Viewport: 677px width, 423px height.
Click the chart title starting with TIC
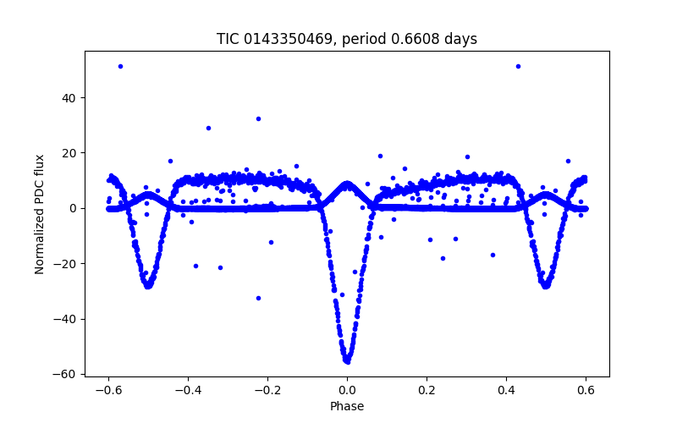[x=347, y=39]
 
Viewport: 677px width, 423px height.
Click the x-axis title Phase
[x=347, y=406]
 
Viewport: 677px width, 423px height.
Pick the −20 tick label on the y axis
[x=68, y=264]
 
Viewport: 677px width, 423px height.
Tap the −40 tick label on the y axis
[x=68, y=319]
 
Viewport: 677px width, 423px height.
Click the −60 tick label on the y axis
[x=68, y=374]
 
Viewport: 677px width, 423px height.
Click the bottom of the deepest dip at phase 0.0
[x=347, y=360]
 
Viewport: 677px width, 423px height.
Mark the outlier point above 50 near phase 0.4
[x=518, y=66]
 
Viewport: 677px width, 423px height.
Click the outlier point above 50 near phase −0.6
[x=120, y=66]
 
